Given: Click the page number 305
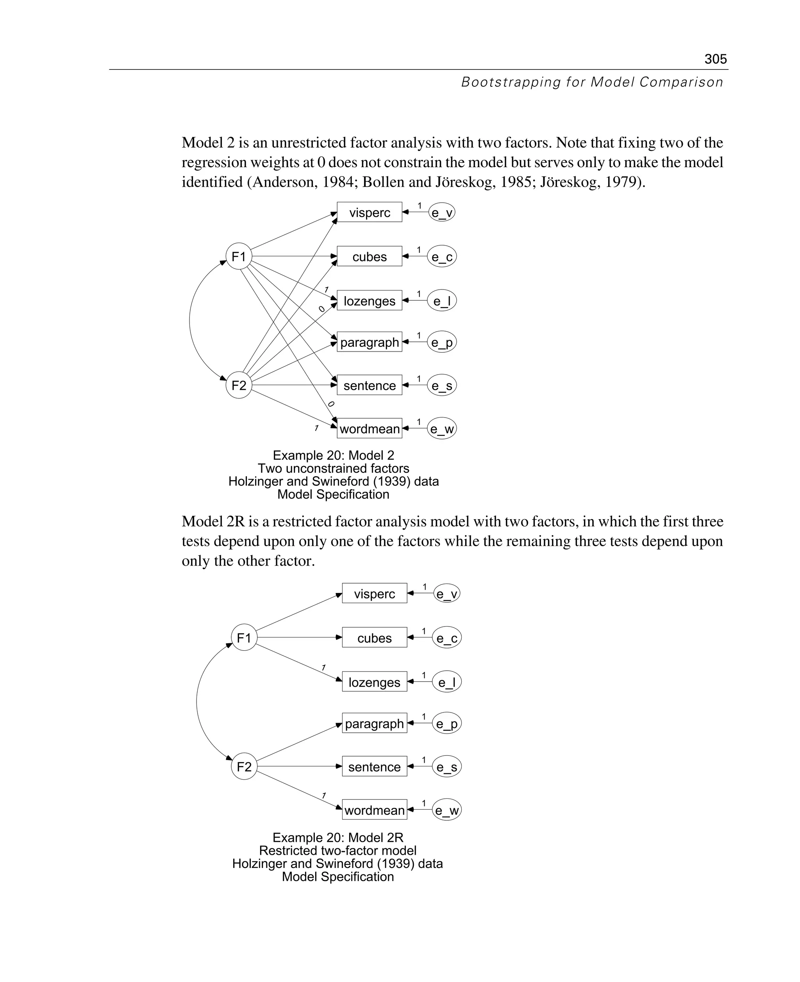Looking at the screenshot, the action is (x=715, y=59).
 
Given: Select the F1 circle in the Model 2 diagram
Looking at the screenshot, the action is (x=239, y=257).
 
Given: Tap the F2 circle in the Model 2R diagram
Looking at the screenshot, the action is (x=244, y=767).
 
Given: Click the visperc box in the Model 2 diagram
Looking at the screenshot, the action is (x=369, y=212).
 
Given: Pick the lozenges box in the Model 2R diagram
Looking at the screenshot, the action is (x=374, y=682).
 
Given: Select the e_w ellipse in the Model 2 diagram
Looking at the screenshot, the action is (x=441, y=429).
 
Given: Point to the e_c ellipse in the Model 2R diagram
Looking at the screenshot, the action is (x=446, y=638).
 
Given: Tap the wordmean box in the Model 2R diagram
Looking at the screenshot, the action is (x=374, y=810).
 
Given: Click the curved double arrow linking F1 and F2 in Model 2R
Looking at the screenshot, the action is (x=197, y=702).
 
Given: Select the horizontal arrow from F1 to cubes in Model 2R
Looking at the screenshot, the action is (x=300, y=638).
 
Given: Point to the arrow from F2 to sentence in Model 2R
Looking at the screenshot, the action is (x=300, y=766).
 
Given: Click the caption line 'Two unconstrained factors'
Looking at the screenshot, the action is (x=333, y=469).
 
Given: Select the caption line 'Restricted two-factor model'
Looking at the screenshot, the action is (x=337, y=851).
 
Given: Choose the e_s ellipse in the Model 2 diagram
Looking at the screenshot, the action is (x=441, y=385).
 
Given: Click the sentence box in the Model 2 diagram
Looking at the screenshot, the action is (x=369, y=385).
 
